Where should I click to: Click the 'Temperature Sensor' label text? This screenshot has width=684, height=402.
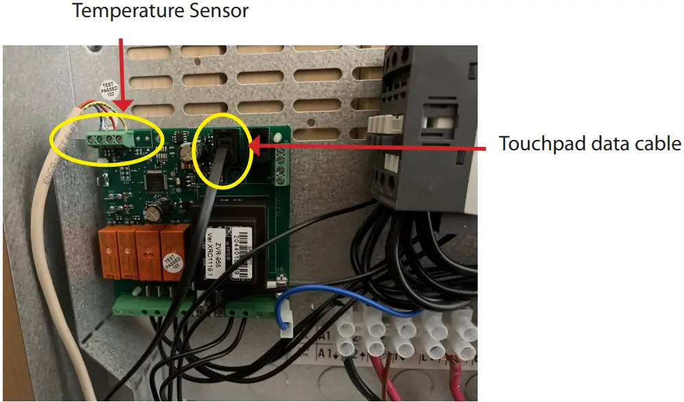160,12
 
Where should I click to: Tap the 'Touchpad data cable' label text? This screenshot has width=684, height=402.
589,144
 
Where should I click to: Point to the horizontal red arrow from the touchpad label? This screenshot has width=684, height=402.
370,145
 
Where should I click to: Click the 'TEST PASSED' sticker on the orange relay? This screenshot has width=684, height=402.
171,264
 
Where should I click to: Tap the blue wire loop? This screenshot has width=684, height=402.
322,302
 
